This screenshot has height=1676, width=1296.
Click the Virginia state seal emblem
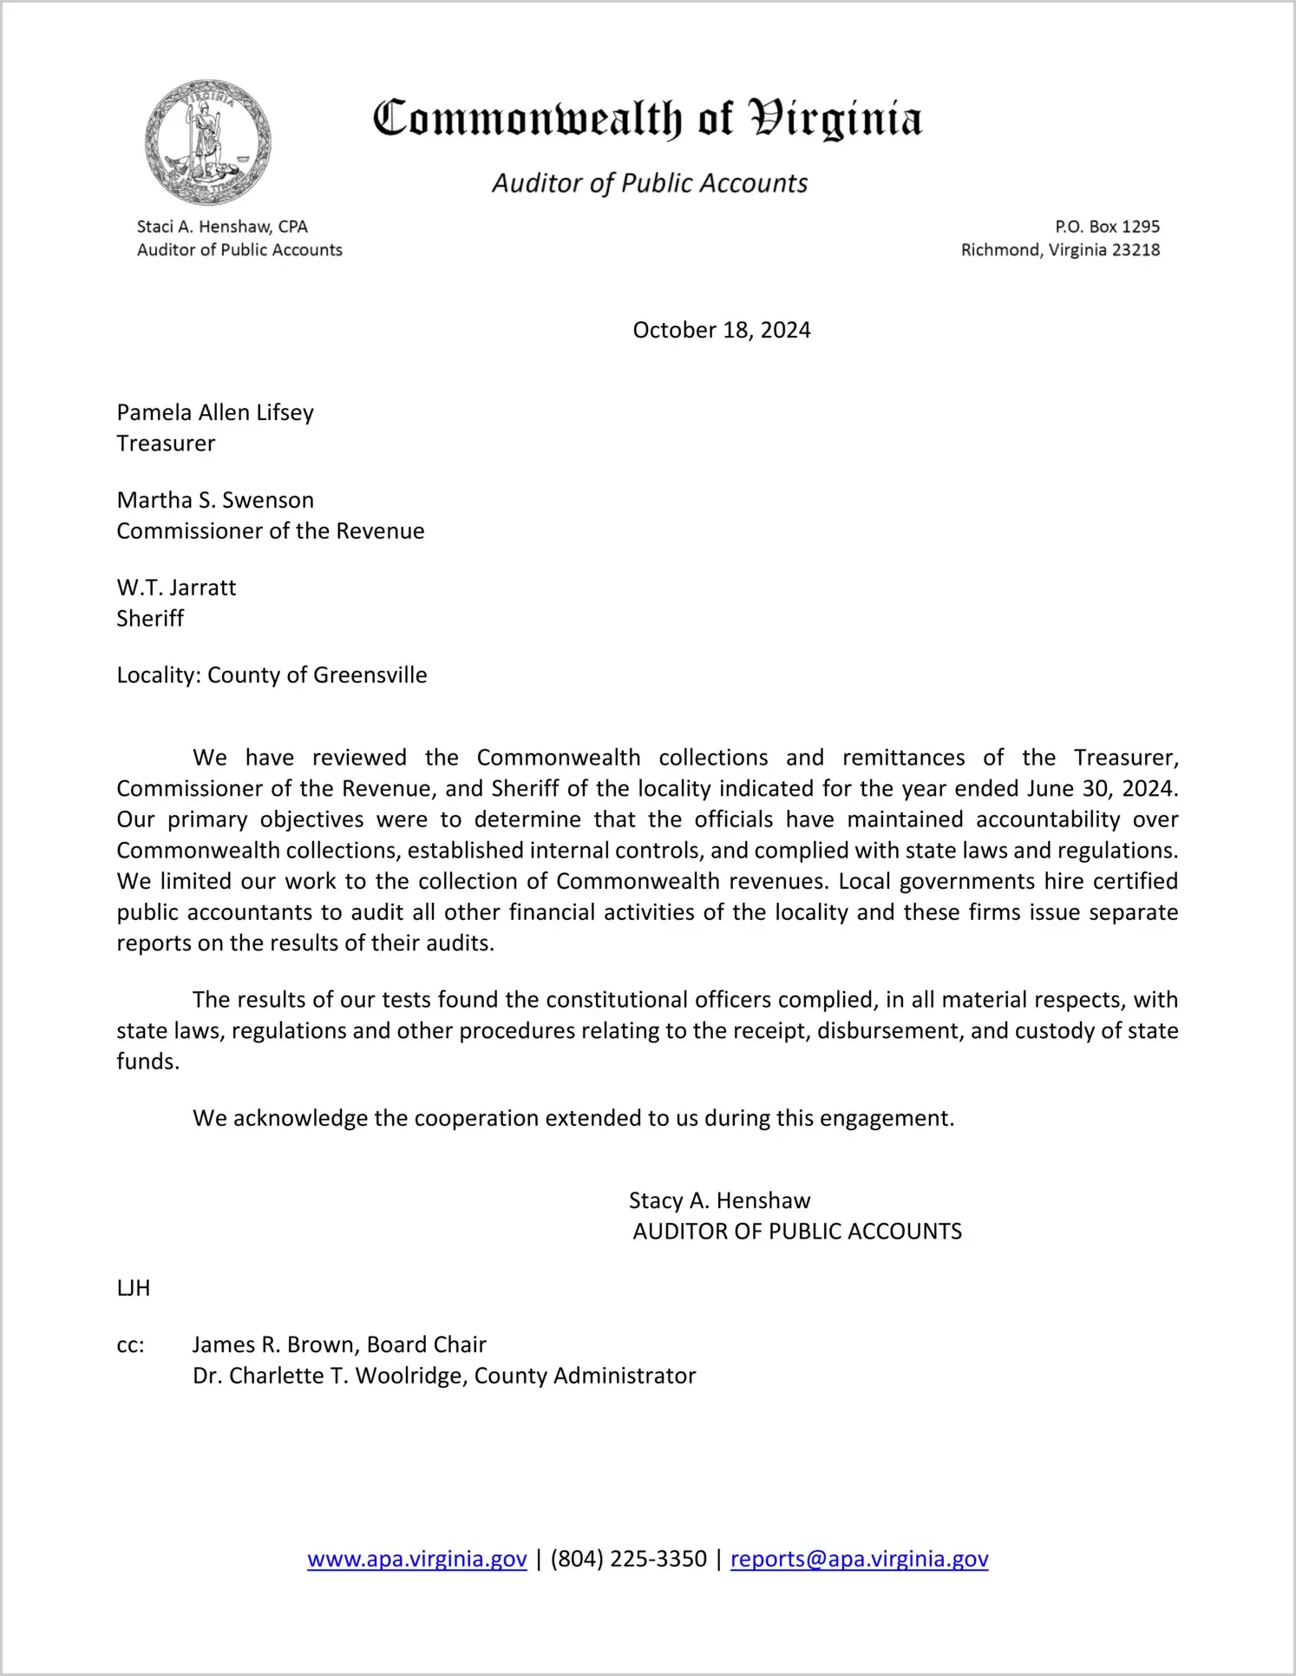pyautogui.click(x=208, y=142)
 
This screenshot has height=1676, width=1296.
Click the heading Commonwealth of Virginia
pyautogui.click(x=647, y=119)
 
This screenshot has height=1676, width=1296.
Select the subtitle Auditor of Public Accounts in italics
pyautogui.click(x=650, y=183)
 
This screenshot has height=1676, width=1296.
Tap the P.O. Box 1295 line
pyautogui.click(x=1107, y=227)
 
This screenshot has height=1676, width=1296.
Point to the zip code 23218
pyautogui.click(x=1136, y=250)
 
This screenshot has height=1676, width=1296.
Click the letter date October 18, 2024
pyautogui.click(x=721, y=330)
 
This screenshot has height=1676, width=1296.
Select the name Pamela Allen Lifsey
pyautogui.click(x=215, y=412)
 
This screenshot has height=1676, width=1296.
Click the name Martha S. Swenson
pyautogui.click(x=215, y=500)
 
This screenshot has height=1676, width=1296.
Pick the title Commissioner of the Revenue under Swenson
pyautogui.click(x=271, y=531)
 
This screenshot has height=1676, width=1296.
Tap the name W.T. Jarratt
pyautogui.click(x=176, y=588)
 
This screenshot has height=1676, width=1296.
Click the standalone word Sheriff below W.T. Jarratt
pyautogui.click(x=150, y=619)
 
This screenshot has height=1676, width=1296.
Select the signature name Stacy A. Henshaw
pyautogui.click(x=719, y=1200)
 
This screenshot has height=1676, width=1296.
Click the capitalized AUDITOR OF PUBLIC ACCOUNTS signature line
pyautogui.click(x=797, y=1232)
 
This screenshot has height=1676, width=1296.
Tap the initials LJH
pyautogui.click(x=134, y=1288)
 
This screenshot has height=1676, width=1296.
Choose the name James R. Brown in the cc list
pyautogui.click(x=276, y=1344)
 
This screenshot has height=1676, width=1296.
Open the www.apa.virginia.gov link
pyautogui.click(x=416, y=1559)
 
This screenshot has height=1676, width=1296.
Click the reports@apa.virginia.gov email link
pyautogui.click(x=859, y=1559)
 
